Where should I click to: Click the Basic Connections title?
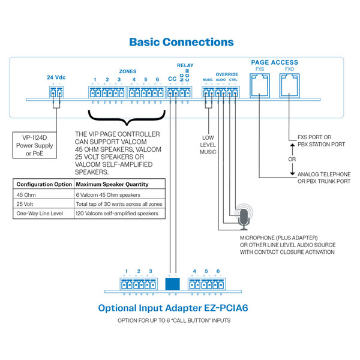181,43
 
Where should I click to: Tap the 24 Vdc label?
56,77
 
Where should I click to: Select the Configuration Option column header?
44,184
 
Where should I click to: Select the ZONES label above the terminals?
128,70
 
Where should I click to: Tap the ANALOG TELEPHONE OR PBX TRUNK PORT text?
322,177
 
